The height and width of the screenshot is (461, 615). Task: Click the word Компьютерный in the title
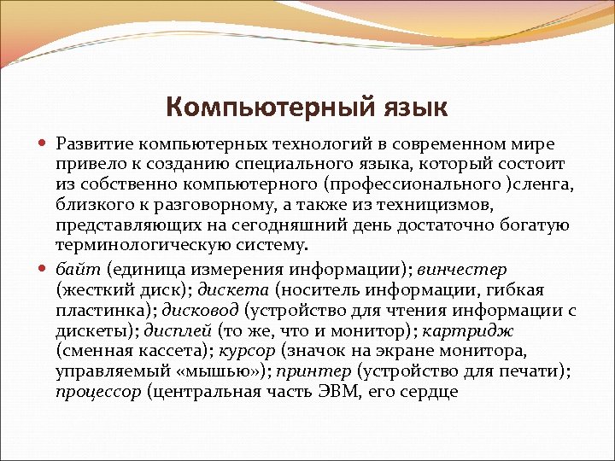(x=266, y=108)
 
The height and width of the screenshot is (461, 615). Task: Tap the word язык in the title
(x=409, y=108)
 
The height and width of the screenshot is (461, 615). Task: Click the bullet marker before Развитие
(x=44, y=142)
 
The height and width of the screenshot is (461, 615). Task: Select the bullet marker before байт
(x=44, y=270)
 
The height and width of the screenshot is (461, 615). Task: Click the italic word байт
(x=78, y=269)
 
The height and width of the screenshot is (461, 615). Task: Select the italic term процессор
(x=98, y=393)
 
